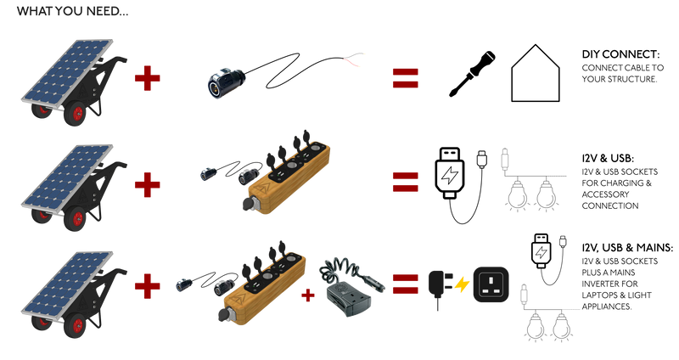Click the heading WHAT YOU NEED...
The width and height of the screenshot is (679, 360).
coord(72,11)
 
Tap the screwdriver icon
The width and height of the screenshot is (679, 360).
coord(472,74)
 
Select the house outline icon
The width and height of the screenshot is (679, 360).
coord(536,73)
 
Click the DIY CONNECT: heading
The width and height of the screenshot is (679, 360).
coord(620,54)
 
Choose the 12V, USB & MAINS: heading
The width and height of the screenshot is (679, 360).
coord(627,248)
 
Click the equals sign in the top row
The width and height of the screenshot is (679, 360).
coord(406,78)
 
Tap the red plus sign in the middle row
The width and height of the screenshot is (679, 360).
coord(147,185)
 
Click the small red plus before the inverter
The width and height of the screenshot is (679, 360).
coord(307,295)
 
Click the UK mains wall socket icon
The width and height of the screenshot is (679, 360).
coord(491,284)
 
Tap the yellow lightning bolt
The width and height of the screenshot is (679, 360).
coord(462,285)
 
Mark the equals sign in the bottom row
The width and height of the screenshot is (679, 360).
coord(406,284)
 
